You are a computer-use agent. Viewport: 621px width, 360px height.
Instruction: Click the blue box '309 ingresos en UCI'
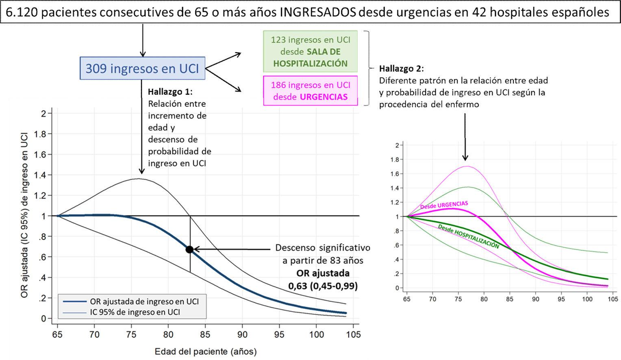pos(142,68)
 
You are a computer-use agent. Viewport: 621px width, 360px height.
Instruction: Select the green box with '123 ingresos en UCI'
pos(310,52)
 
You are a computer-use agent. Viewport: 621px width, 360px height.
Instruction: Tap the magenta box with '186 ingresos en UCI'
pos(310,91)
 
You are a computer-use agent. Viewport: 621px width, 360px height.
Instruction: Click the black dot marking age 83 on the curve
pos(189,249)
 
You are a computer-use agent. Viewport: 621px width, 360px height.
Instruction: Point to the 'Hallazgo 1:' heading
pos(170,92)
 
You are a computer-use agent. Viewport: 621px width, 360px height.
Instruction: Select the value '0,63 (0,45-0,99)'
pos(323,286)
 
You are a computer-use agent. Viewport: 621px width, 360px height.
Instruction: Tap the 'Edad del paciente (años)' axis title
pos(206,351)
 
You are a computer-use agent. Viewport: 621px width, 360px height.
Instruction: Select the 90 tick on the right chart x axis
pos(536,299)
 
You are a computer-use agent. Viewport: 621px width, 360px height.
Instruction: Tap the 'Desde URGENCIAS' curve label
pos(444,205)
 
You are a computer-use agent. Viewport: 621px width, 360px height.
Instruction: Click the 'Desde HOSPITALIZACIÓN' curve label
pos(468,236)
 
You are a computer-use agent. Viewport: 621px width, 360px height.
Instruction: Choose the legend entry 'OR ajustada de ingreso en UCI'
pos(144,301)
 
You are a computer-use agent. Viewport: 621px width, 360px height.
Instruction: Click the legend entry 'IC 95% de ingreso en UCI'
pos(135,312)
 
